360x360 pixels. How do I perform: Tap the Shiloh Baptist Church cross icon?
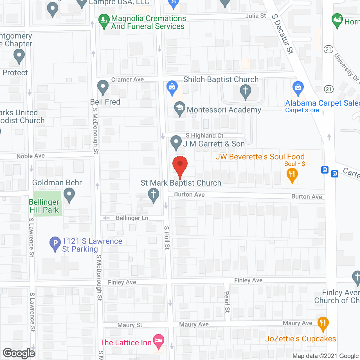click(246, 91)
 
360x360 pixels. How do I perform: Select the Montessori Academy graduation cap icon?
click(179, 108)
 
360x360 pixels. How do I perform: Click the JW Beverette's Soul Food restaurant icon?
click(292, 175)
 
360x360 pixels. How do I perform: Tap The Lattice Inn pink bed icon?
click(159, 341)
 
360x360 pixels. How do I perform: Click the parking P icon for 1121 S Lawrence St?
click(55, 243)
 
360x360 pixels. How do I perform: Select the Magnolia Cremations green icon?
click(104, 21)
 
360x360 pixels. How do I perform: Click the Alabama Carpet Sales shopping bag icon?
click(298, 87)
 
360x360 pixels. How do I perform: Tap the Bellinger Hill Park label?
click(44, 206)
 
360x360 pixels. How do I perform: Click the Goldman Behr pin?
click(69, 195)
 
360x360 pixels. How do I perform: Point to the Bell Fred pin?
click(103, 87)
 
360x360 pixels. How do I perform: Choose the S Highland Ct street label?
click(204, 136)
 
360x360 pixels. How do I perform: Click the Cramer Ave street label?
click(127, 80)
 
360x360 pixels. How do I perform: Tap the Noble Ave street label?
click(31, 156)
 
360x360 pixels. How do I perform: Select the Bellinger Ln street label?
click(132, 218)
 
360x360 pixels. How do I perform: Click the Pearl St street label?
click(227, 302)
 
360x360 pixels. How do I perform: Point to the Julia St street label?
click(255, 16)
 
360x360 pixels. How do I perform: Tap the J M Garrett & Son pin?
click(176, 142)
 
